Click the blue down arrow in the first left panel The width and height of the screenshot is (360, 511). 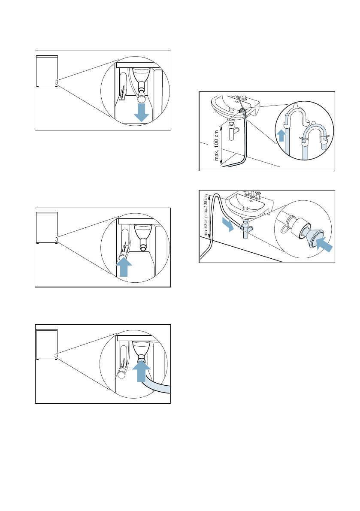pyautogui.click(x=142, y=113)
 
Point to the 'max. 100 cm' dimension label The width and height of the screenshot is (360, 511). pyautogui.click(x=217, y=145)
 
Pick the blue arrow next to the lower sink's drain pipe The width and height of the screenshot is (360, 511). pyautogui.click(x=228, y=224)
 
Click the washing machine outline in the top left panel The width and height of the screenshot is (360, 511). pyautogui.click(x=47, y=71)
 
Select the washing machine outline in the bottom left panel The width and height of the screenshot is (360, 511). pyautogui.click(x=47, y=344)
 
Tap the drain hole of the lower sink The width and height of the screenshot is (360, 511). pyautogui.click(x=245, y=208)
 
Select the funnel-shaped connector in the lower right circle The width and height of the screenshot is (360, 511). pyautogui.click(x=313, y=236)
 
